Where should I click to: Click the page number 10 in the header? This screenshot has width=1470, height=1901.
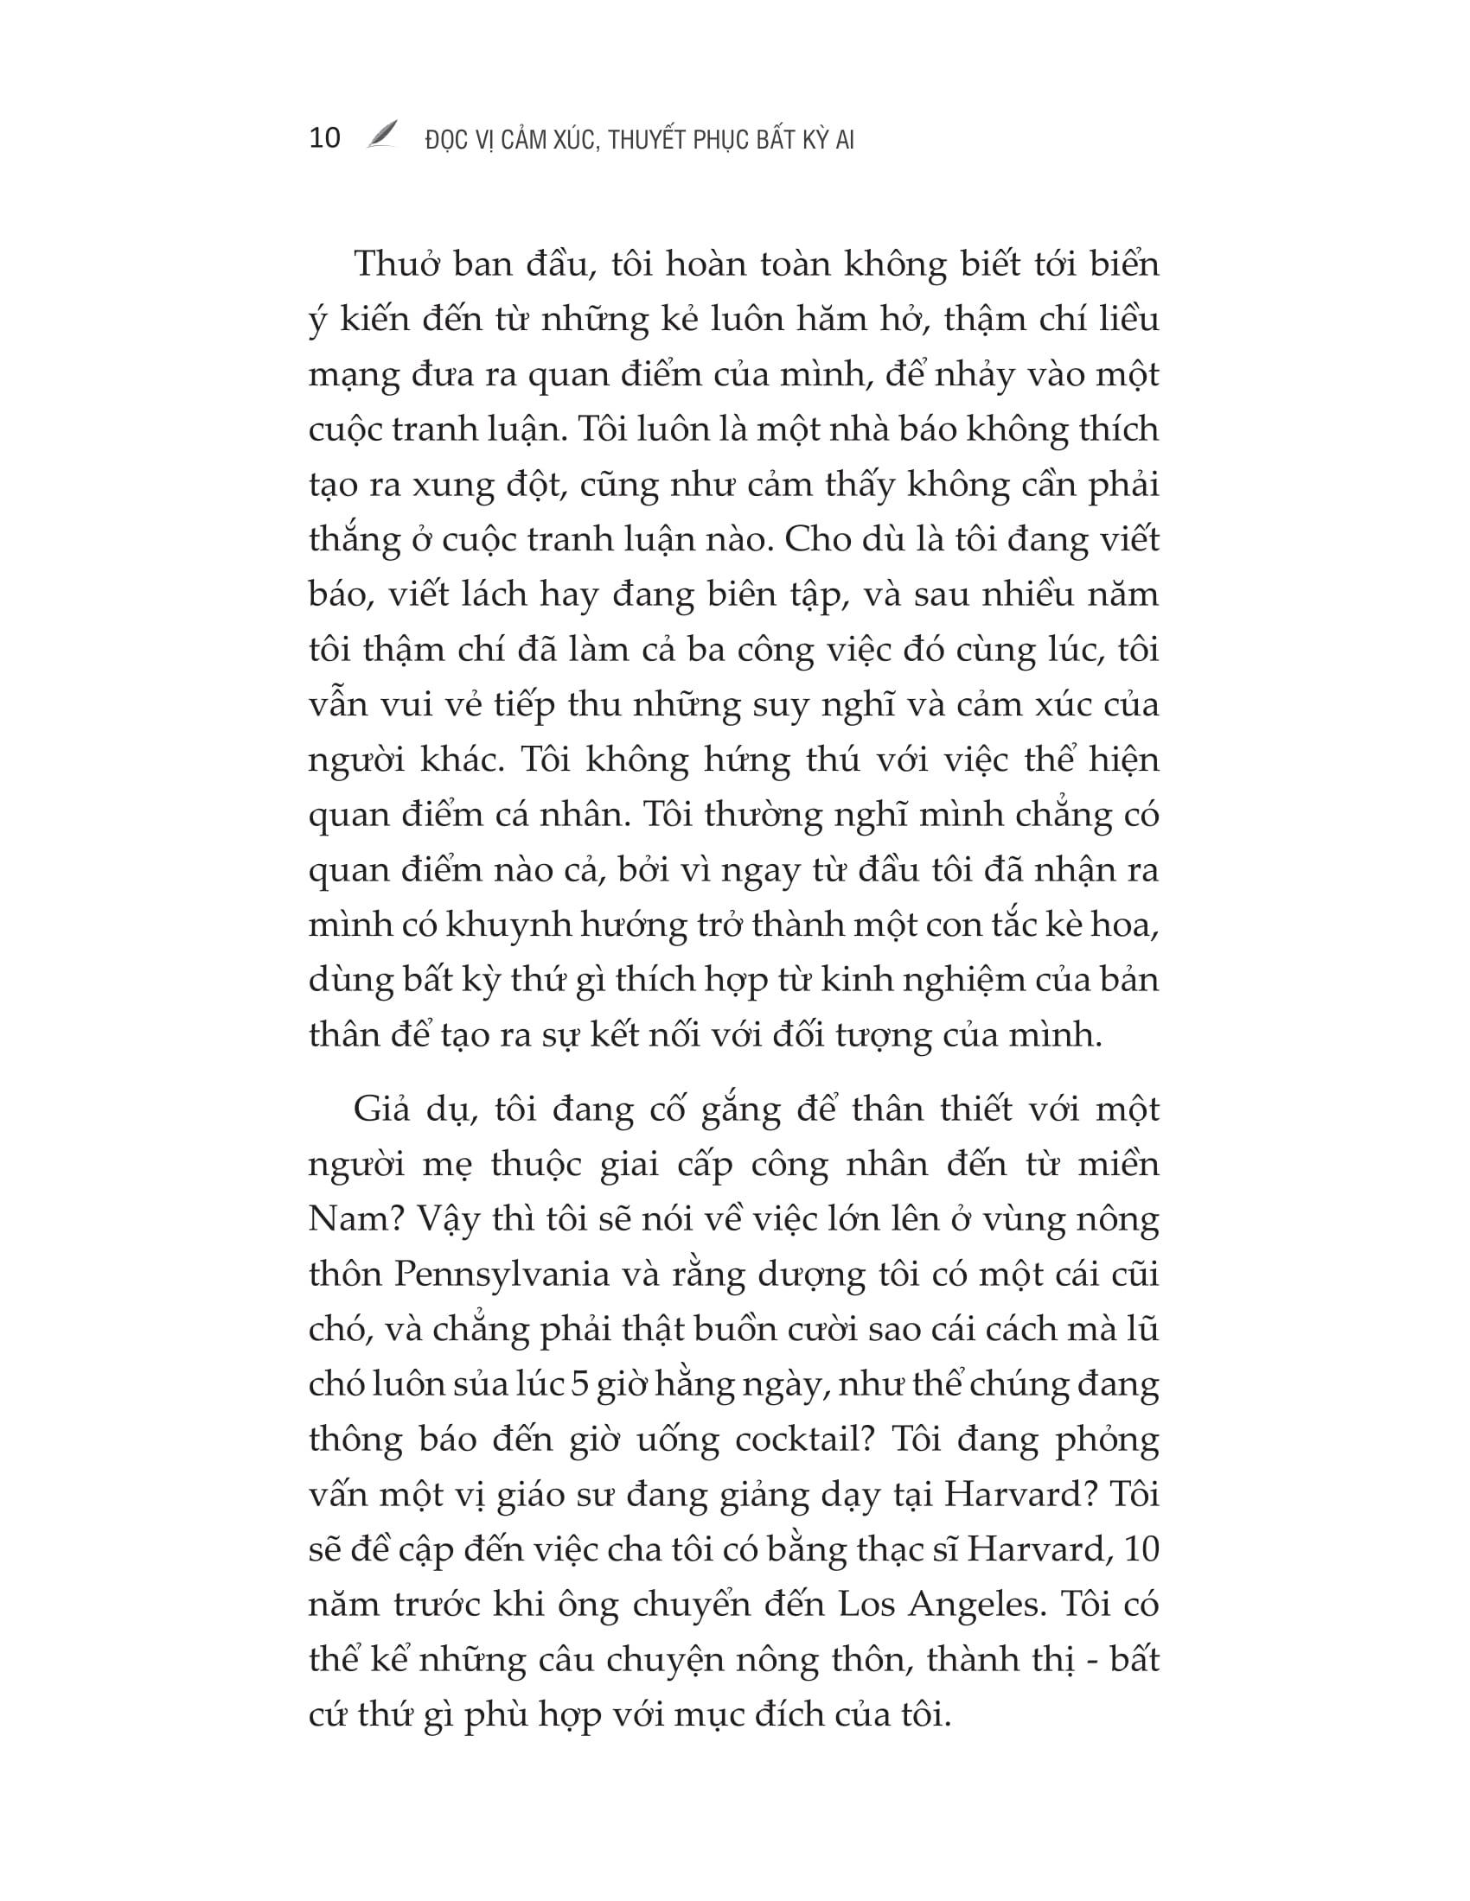coord(325,138)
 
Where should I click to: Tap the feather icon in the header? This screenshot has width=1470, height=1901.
coord(381,134)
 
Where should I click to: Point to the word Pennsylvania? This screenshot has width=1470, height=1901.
coord(502,1275)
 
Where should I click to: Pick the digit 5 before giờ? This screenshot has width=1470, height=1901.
coord(579,1384)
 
